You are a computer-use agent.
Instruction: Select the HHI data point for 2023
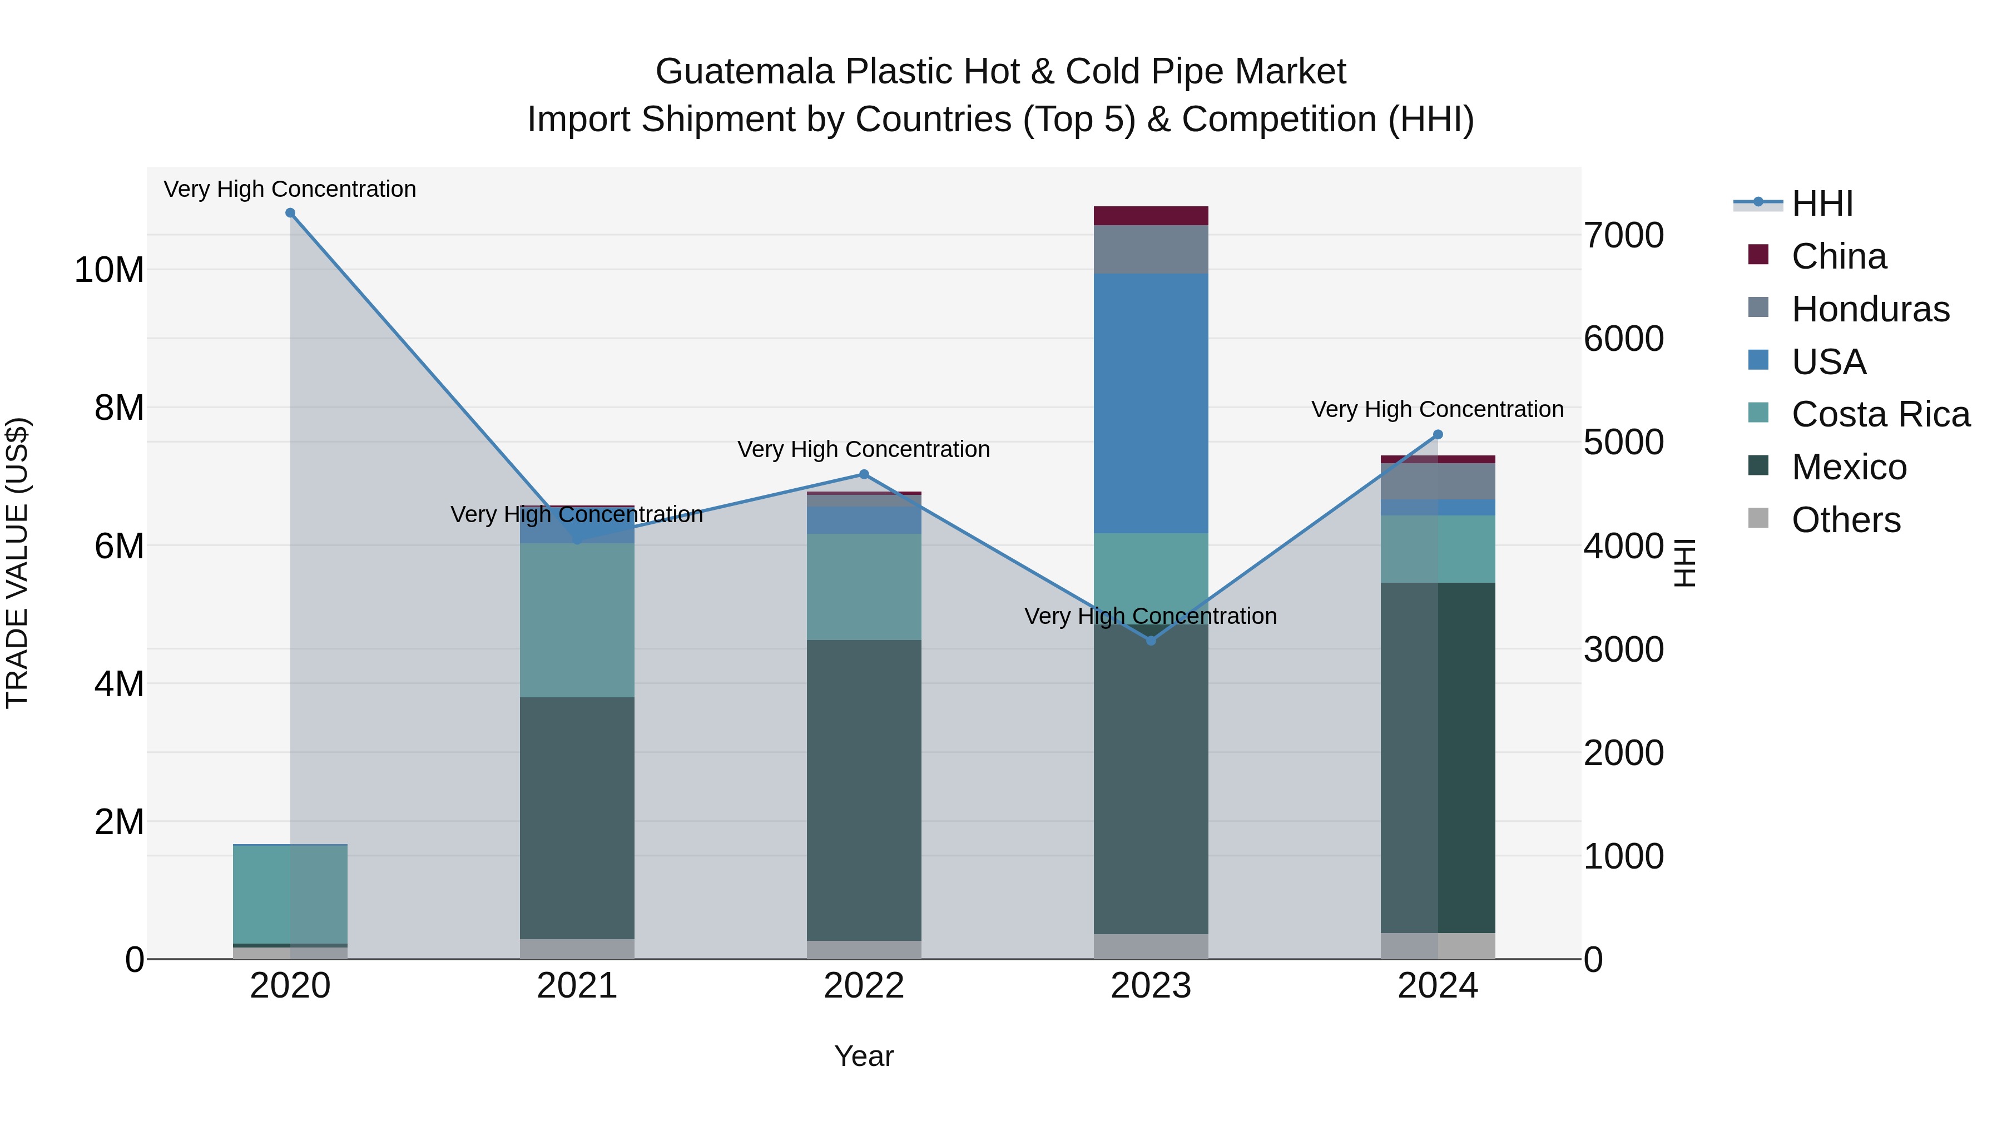1151,641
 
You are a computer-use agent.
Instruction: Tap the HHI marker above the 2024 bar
1438,435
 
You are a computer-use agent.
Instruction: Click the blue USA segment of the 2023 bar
1151,403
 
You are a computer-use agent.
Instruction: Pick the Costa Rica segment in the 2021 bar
577,620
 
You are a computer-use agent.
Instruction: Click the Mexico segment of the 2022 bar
864,790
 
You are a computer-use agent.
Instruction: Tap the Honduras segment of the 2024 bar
1438,481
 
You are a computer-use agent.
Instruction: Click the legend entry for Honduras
1870,309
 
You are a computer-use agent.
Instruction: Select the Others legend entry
1845,520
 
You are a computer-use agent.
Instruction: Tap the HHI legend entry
1822,204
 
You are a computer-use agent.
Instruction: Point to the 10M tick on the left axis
109,270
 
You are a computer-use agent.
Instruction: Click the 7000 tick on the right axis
1623,235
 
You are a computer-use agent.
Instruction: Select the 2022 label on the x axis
864,986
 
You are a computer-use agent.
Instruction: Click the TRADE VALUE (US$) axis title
18,563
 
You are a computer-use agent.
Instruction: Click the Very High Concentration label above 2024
1437,409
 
